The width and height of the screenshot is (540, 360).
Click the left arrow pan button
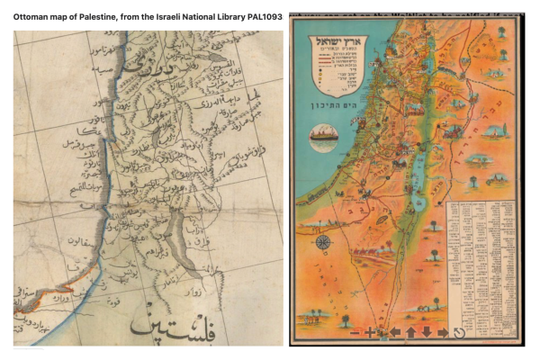coord(394,332)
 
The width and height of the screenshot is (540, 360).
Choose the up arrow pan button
coord(410,332)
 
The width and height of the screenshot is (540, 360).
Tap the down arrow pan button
coord(426,332)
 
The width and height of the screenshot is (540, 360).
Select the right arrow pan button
coord(442,332)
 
